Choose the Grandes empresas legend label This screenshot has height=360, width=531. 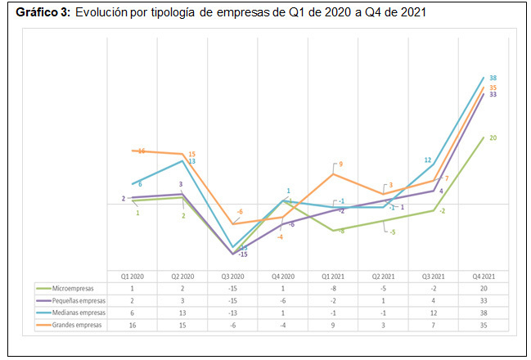[x=74, y=325]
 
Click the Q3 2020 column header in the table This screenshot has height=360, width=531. [x=233, y=276]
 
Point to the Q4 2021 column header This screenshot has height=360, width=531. [x=483, y=276]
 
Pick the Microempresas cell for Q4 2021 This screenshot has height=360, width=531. [x=483, y=288]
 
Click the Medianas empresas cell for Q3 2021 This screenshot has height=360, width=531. [x=433, y=313]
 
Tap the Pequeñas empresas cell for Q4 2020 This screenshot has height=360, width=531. [x=283, y=300]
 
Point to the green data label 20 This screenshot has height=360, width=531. [x=493, y=137]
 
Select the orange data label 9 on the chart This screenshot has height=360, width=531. [x=340, y=164]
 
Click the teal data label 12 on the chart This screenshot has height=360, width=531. [x=428, y=160]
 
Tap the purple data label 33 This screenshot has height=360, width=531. [x=493, y=95]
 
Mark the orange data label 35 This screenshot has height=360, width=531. [x=493, y=88]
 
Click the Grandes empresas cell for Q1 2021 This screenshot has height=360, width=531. [x=333, y=325]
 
